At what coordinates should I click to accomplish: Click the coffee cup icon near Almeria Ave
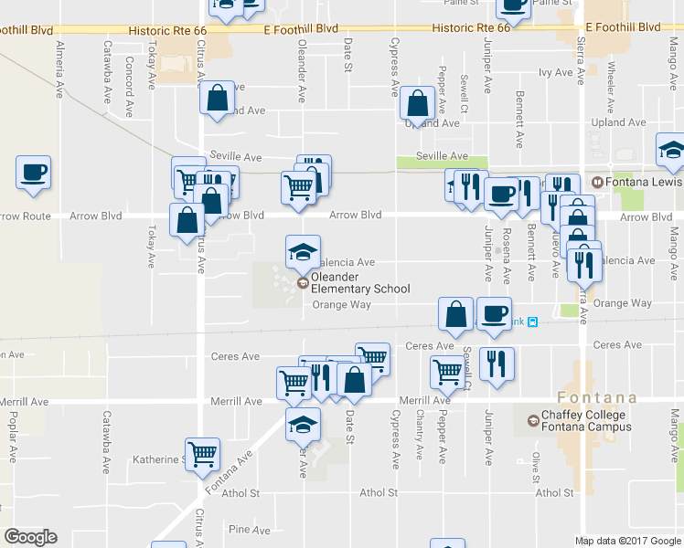(34, 173)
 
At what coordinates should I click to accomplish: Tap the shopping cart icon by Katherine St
(202, 452)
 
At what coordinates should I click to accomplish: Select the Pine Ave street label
(251, 530)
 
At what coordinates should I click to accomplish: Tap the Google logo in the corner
(30, 537)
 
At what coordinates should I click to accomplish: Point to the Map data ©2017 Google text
(628, 541)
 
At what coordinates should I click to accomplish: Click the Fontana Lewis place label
(642, 182)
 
